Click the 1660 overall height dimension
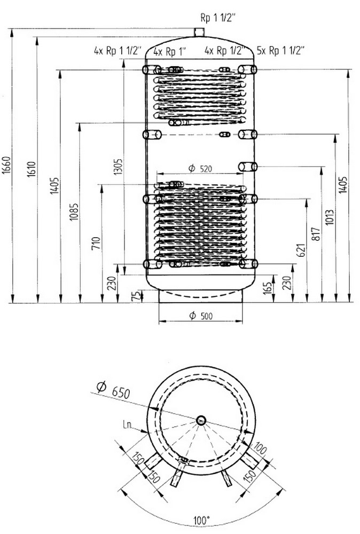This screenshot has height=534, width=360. click(7, 166)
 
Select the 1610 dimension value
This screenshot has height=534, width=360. click(32, 169)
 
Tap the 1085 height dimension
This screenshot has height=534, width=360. click(74, 212)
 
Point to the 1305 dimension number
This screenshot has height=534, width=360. click(118, 167)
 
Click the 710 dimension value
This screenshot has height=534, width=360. click(97, 243)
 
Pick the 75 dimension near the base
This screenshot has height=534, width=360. click(136, 296)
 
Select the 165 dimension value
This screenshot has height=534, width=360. click(268, 288)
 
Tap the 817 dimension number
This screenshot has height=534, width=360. click(316, 234)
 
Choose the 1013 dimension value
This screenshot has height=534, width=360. click(330, 217)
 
